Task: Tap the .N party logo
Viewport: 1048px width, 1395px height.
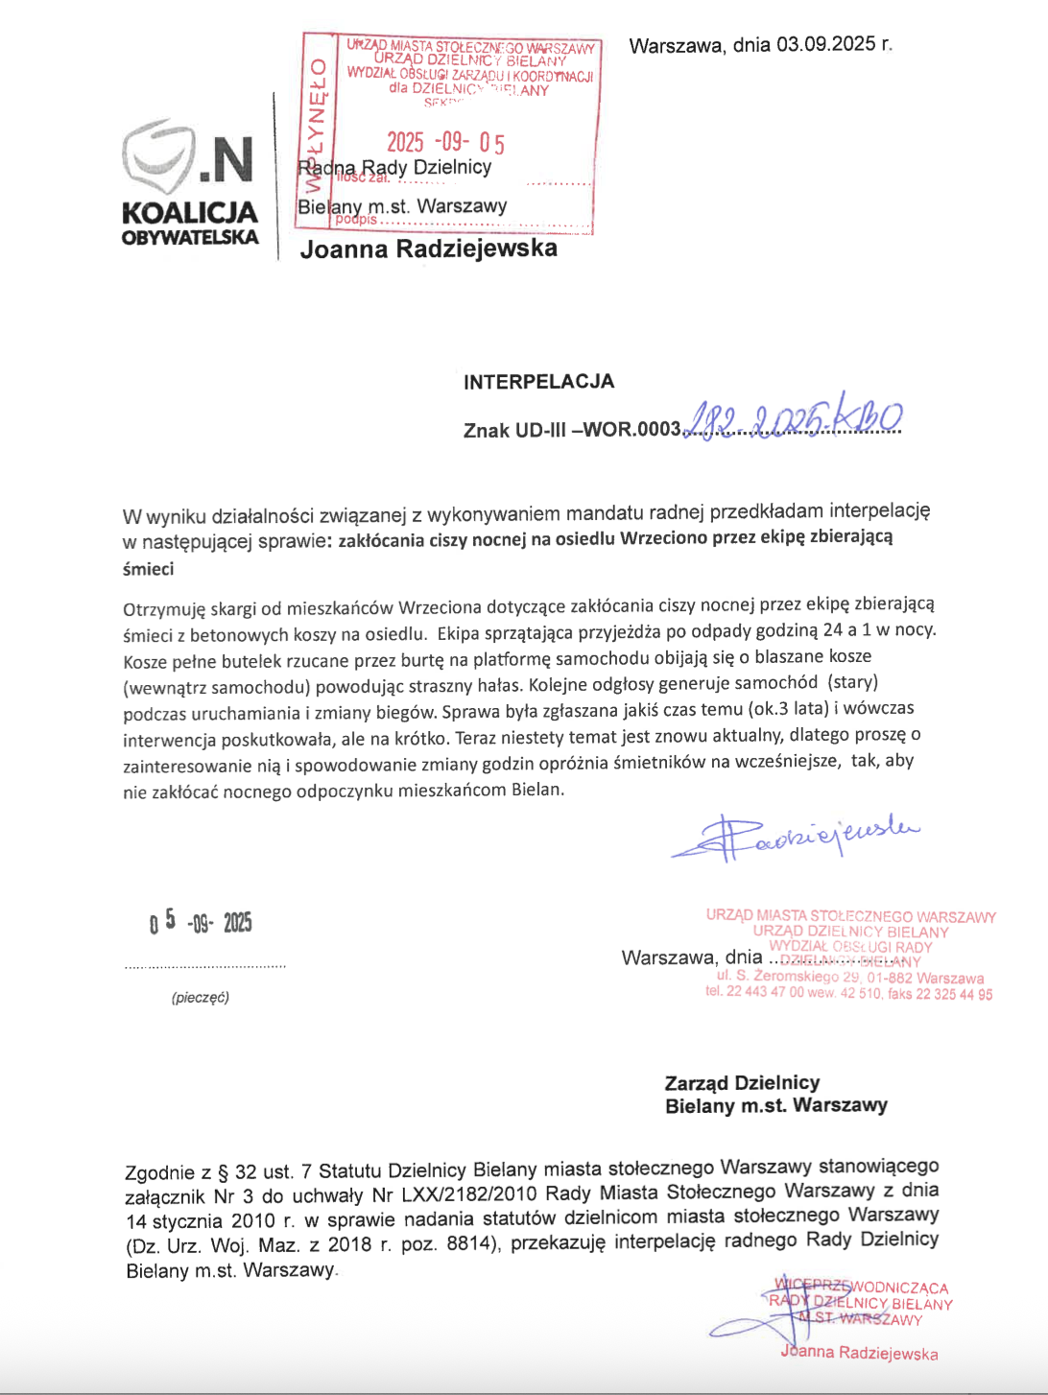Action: point(189,158)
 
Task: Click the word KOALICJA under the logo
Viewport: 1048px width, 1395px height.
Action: point(189,212)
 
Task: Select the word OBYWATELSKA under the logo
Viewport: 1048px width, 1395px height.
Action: point(189,237)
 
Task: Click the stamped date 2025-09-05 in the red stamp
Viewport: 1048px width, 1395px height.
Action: point(445,143)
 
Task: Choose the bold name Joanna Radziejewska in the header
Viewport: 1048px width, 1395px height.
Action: point(428,249)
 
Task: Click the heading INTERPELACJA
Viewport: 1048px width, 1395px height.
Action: point(538,382)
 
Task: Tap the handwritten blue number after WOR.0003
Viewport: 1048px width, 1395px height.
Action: point(793,420)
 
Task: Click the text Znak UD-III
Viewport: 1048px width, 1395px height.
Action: point(514,430)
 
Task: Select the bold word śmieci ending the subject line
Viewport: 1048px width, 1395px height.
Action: point(148,569)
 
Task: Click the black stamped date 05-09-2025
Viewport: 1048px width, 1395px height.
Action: point(201,922)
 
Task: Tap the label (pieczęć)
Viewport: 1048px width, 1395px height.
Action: point(201,998)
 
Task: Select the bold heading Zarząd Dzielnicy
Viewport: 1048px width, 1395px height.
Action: point(742,1083)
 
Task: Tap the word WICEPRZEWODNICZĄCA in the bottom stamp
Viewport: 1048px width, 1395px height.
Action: point(861,1287)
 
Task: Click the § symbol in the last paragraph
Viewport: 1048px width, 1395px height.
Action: point(223,1171)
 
